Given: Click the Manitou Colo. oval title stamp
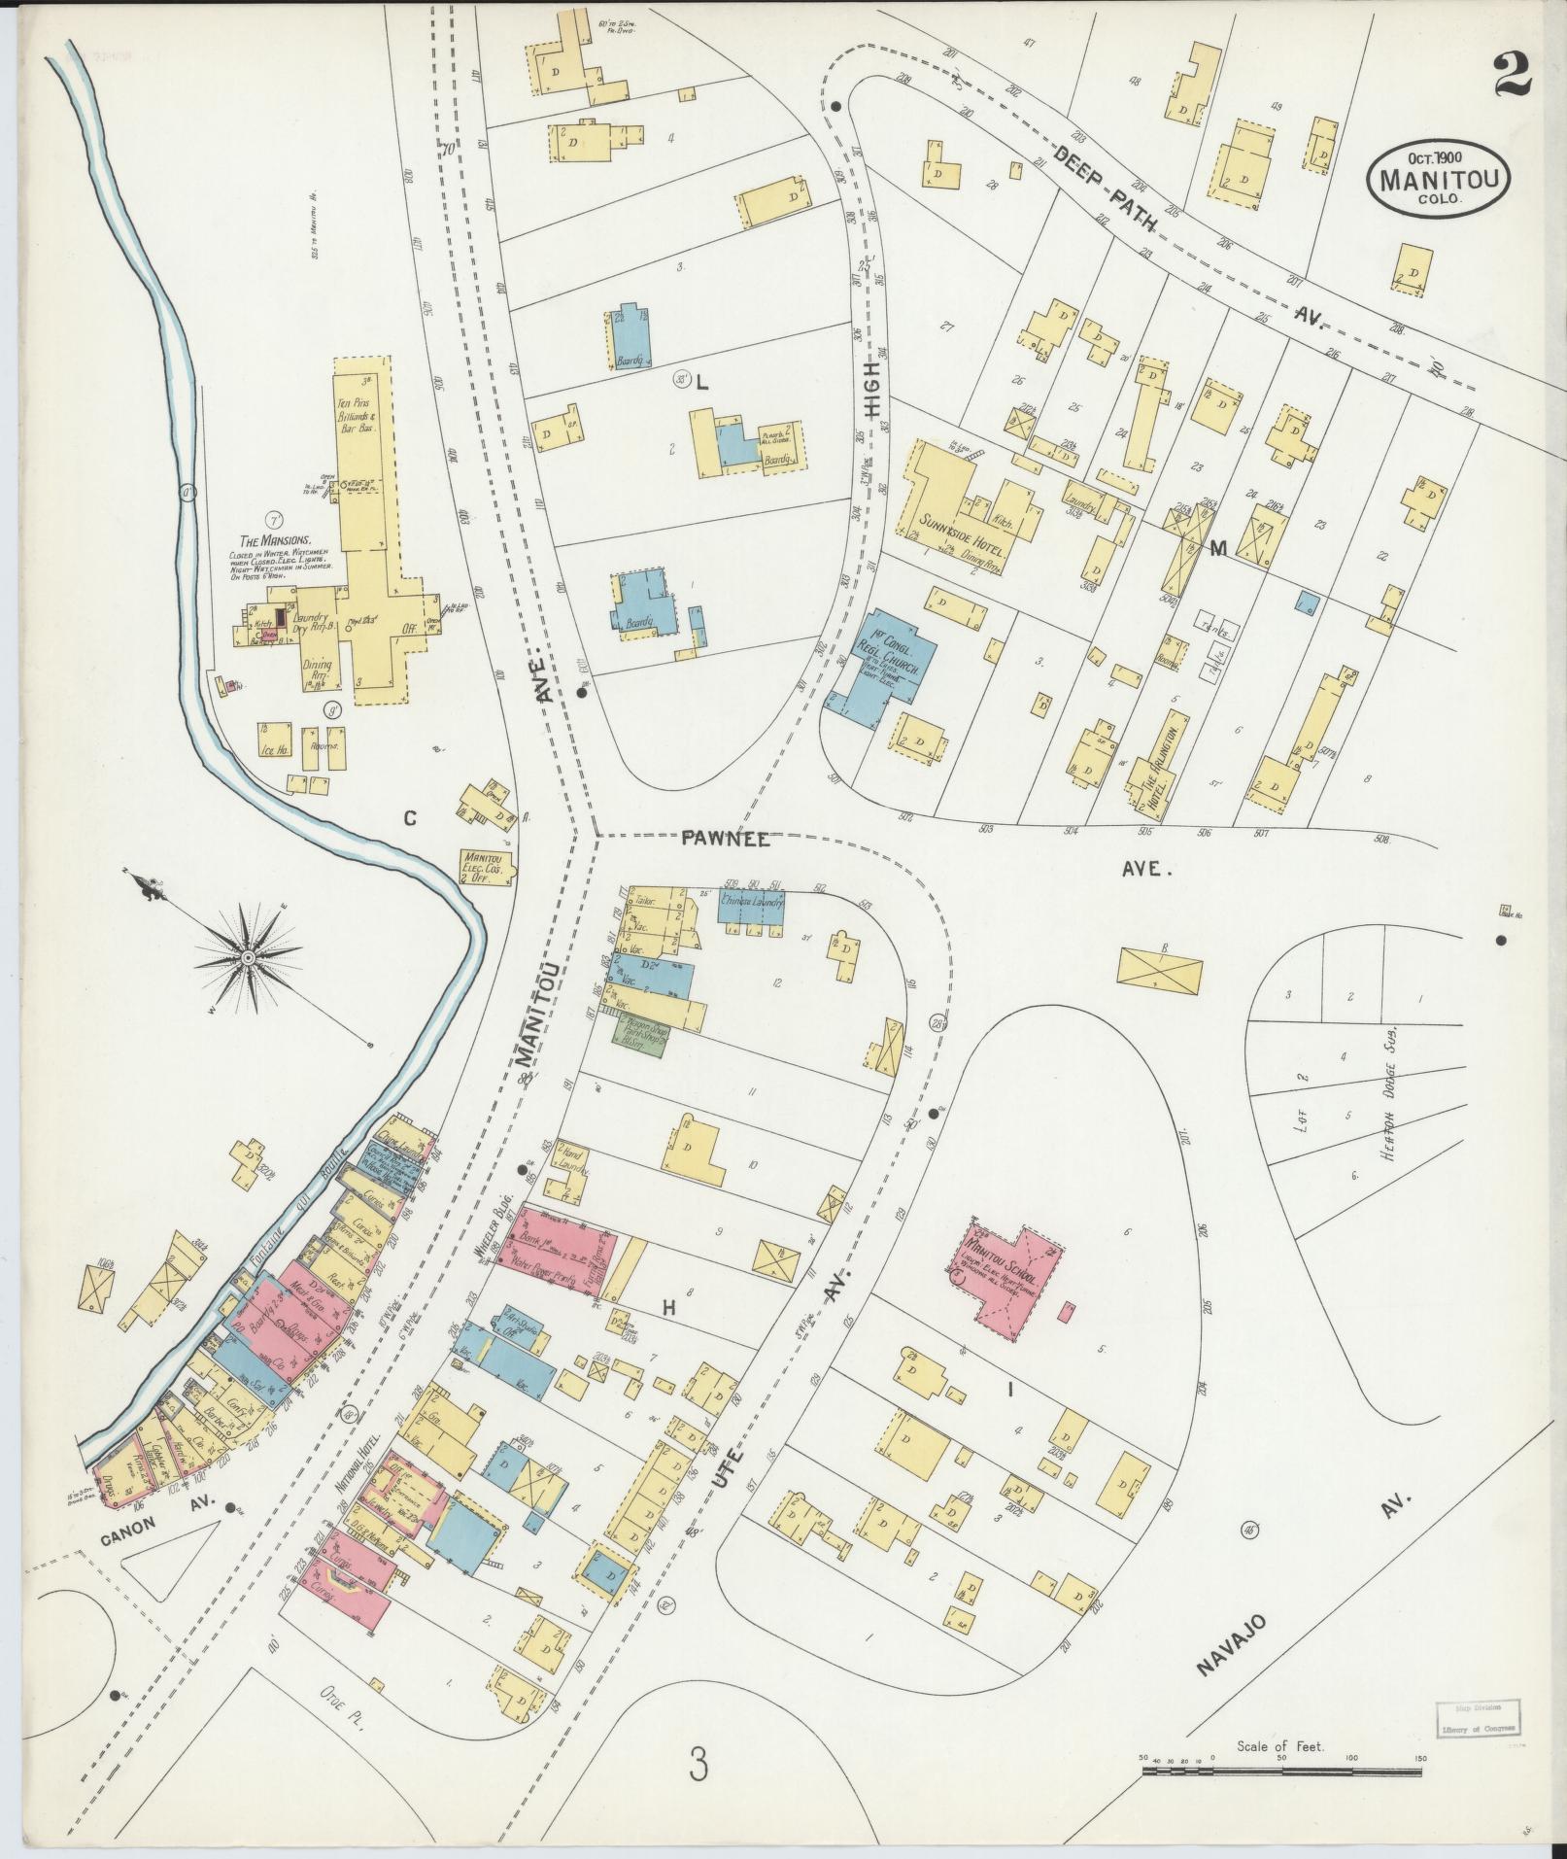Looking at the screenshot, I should pyautogui.click(x=1440, y=176).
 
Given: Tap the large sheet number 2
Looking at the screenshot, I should pyautogui.click(x=1513, y=75).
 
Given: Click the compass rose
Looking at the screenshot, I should pyautogui.click(x=249, y=958).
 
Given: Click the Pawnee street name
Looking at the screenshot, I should pyautogui.click(x=725, y=840).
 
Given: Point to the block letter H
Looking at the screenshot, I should pyautogui.click(x=668, y=1308).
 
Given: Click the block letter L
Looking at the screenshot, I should pyautogui.click(x=701, y=383).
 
